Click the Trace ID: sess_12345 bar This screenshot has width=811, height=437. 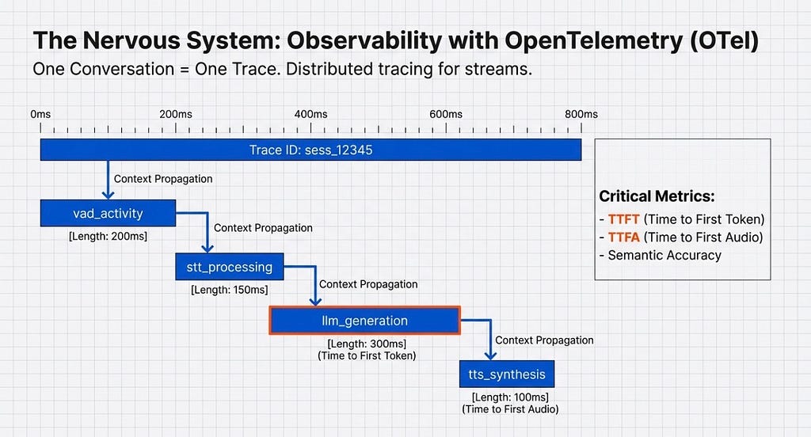[310, 150]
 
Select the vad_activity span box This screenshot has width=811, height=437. [108, 213]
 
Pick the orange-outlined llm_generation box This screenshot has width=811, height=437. [364, 321]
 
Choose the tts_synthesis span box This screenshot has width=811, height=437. [502, 374]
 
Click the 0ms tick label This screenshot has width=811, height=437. [40, 114]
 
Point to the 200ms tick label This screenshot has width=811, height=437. [175, 114]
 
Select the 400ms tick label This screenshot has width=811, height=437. [310, 114]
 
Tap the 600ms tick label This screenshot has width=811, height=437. [445, 114]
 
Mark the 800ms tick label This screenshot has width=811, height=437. [581, 114]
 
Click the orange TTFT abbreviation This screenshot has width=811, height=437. [623, 219]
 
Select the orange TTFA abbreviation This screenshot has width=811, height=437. [623, 237]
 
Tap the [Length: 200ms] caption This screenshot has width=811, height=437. [108, 235]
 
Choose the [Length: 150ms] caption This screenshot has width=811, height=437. [229, 290]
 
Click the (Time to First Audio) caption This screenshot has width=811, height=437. [510, 409]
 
